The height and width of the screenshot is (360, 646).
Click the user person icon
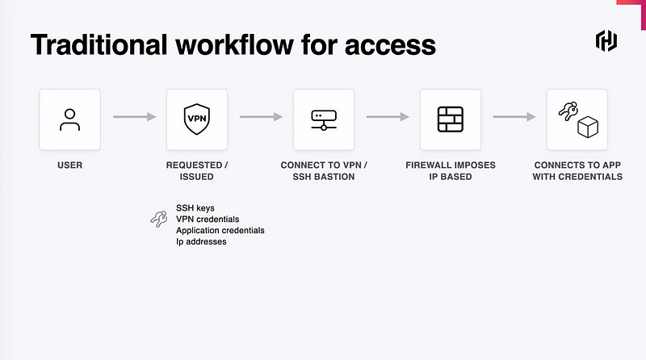[69, 119]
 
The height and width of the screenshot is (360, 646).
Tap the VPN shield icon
[196, 119]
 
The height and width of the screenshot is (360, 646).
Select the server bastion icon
[323, 119]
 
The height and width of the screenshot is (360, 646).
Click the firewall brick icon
[450, 119]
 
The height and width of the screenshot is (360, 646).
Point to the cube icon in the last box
[587, 128]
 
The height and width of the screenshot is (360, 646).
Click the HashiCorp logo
[606, 42]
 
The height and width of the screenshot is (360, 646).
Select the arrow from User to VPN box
[134, 118]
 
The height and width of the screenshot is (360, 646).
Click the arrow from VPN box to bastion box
[261, 118]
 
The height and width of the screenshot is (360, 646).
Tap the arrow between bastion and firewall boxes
[388, 118]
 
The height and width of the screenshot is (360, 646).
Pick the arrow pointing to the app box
[514, 118]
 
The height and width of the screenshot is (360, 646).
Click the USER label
[69, 165]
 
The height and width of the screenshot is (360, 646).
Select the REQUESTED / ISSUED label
[197, 171]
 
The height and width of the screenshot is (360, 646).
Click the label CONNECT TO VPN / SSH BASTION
[323, 171]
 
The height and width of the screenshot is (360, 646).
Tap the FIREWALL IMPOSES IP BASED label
[451, 171]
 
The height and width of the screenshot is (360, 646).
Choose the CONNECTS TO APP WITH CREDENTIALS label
[577, 171]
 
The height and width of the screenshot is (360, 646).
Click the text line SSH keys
[195, 207]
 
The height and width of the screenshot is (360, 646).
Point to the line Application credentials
[220, 230]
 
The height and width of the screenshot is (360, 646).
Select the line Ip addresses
[201, 241]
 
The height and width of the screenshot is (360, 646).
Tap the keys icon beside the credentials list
[158, 218]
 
